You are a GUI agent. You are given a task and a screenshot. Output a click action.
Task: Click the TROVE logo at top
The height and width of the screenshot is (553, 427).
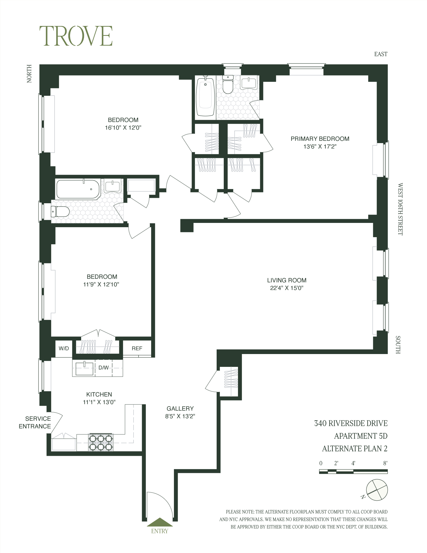pos(76,36)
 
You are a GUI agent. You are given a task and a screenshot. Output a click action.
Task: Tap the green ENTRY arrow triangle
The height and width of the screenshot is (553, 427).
pos(160,522)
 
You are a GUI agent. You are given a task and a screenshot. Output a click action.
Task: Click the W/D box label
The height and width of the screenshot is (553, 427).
pos(64,348)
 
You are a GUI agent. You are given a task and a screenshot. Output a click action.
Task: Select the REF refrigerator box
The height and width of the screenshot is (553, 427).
pos(137,348)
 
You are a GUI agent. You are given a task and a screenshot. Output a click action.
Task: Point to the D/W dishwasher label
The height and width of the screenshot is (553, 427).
pos(104,368)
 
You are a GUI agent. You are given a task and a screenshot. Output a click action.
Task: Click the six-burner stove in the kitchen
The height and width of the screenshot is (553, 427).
pos(101,442)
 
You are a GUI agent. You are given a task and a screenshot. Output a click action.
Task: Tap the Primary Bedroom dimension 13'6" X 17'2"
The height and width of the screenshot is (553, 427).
pos(320,147)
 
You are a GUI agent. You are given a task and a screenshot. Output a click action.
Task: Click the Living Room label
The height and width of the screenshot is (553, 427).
pos(287,280)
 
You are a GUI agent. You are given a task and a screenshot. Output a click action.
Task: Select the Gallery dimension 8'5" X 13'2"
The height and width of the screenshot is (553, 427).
pos(180,416)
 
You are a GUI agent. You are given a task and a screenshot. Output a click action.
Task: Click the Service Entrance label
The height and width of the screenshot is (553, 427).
pos(35,422)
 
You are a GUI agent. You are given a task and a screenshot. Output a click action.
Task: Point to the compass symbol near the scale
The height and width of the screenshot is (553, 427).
pos(377,490)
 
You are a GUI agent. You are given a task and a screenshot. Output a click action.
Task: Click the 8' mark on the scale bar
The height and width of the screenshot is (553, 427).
pos(385,463)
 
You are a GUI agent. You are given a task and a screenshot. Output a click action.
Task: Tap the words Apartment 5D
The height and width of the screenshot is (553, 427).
pos(361,436)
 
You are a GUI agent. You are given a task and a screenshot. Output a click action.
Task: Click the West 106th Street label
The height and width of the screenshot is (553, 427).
pos(400,209)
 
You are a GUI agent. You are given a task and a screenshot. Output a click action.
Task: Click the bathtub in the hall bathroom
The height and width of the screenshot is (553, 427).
pos(77,189)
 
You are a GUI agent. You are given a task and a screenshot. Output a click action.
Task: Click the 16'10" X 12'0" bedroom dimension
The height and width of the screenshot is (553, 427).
pos(123,128)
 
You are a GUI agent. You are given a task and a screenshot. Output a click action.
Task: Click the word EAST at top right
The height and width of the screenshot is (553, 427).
pos(381,54)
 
